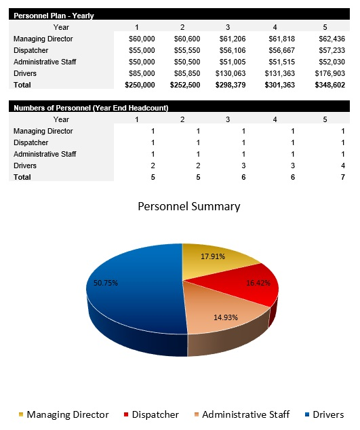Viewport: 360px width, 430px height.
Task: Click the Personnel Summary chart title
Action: [x=188, y=206]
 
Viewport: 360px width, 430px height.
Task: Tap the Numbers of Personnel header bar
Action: [x=92, y=108]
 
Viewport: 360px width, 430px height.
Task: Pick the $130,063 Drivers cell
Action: [x=232, y=73]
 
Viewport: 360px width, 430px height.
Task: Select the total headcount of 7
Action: [x=324, y=177]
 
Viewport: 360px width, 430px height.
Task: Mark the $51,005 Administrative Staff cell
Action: [x=232, y=62]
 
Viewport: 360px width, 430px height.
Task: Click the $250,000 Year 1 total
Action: [x=140, y=85]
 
